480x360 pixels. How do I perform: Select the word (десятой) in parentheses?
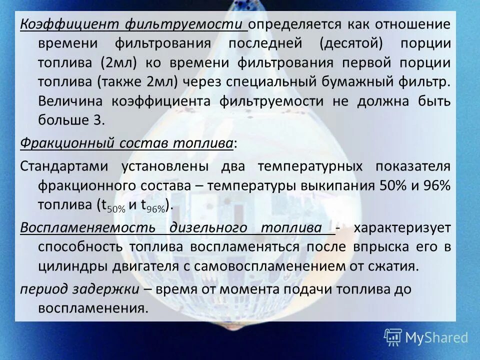click(x=351, y=43)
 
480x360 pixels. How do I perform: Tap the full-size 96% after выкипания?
click(x=437, y=185)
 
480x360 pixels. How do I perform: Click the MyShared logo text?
click(x=436, y=337)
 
